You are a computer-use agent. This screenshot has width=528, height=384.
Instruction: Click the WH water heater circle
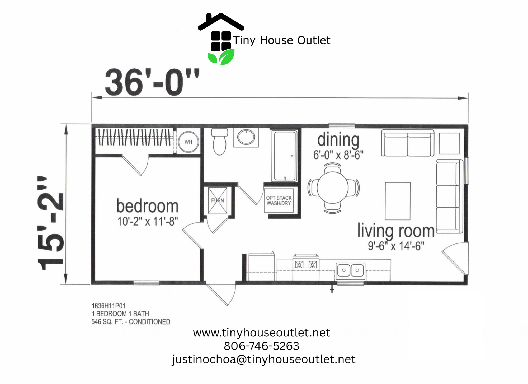tap(188, 142)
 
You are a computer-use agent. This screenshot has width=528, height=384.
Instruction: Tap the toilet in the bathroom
tap(219, 142)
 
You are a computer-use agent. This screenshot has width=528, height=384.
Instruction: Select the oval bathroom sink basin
tap(246, 137)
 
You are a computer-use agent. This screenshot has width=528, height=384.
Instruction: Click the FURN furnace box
tap(218, 200)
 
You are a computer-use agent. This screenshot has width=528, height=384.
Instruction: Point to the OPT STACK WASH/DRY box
tap(279, 200)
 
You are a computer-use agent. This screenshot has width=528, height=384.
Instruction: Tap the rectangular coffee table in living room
tap(398, 201)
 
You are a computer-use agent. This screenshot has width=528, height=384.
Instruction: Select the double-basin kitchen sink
tap(350, 271)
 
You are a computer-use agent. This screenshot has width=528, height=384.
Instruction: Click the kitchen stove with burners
tap(306, 267)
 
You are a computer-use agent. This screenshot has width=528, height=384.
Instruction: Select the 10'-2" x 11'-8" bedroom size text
tap(148, 221)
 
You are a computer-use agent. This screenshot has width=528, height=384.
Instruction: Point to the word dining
tap(338, 140)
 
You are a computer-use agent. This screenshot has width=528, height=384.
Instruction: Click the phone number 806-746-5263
tap(262, 346)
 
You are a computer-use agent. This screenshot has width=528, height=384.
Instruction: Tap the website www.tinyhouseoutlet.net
tap(262, 333)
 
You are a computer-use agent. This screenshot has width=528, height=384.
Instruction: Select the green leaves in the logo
tap(221, 57)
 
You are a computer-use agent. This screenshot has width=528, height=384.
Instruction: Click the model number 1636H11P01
tap(109, 306)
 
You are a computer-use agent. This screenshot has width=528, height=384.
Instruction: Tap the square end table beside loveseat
tap(449, 143)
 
